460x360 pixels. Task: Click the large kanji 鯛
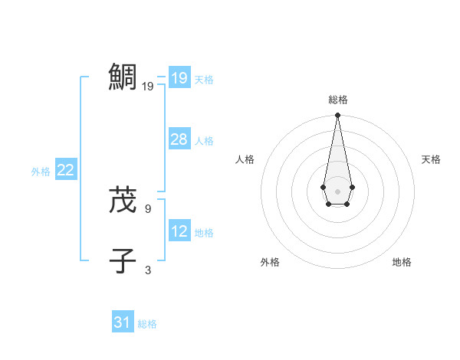[x=123, y=77]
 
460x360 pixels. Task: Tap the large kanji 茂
[x=123, y=199]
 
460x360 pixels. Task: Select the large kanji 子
[x=123, y=260]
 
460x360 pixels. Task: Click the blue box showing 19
[x=179, y=78]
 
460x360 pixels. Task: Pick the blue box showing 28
[x=179, y=139]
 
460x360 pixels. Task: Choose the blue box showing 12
[x=179, y=231]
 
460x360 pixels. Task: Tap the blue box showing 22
[x=65, y=170]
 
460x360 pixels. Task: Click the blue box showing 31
[x=122, y=322]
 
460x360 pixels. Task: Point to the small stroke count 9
[x=148, y=208]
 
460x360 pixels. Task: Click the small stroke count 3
[x=148, y=270]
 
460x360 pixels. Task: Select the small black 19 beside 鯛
[x=148, y=87]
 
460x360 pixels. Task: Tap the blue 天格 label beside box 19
[x=204, y=80]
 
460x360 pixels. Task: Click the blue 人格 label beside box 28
[x=204, y=141]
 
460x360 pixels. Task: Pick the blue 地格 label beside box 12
[x=204, y=233]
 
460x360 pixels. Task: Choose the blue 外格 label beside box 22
[x=41, y=172]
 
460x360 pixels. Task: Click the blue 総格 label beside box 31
[x=147, y=324]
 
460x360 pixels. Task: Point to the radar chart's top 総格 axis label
[x=338, y=100]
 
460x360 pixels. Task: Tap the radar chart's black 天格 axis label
[x=432, y=159]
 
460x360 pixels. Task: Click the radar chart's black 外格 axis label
[x=270, y=262]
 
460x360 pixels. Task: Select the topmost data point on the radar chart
[x=337, y=116]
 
